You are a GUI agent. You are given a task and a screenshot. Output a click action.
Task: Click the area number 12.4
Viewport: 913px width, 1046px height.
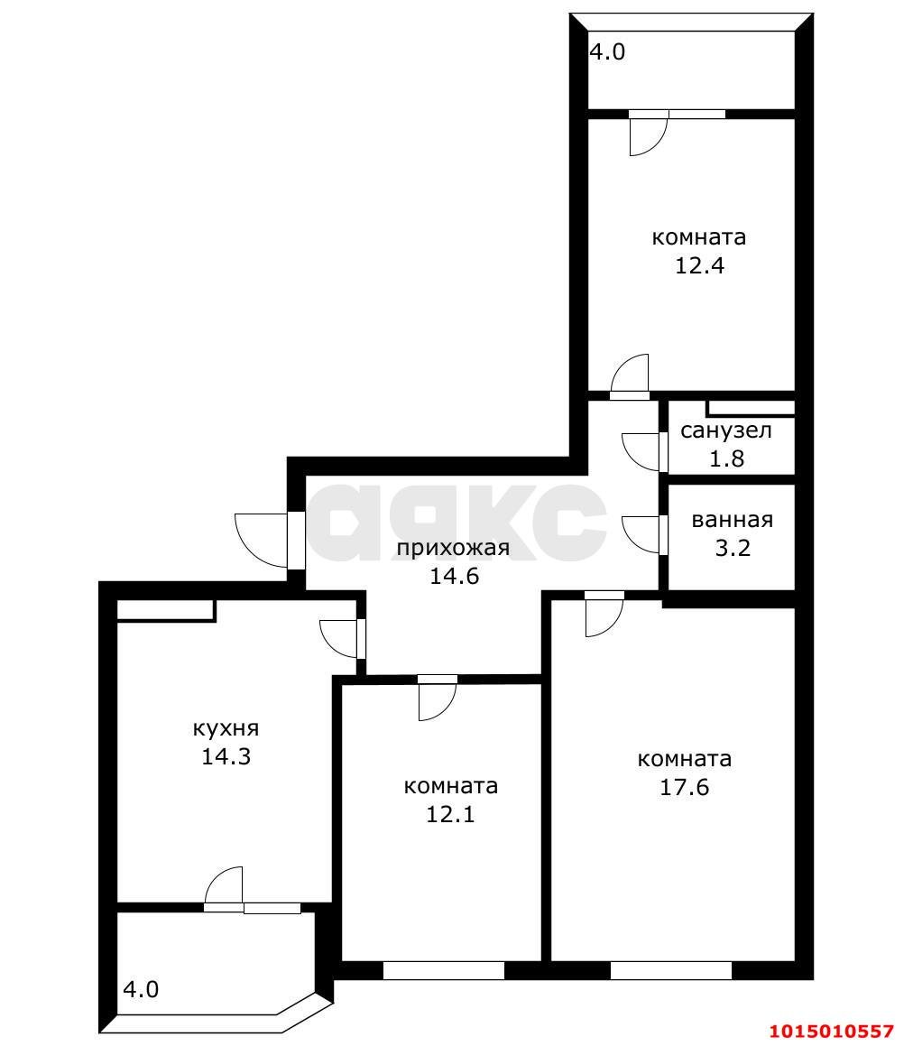pos(699,265)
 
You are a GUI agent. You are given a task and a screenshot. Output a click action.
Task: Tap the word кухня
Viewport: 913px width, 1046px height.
pos(226,728)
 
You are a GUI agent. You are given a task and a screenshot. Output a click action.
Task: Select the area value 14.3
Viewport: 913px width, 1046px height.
pos(226,756)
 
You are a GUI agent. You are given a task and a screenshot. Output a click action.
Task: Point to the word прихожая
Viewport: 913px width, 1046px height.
pos(454,549)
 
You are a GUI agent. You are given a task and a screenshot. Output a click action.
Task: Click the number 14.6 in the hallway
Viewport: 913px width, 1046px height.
pos(454,576)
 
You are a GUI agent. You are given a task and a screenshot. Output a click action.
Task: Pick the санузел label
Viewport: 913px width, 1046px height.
pos(726,430)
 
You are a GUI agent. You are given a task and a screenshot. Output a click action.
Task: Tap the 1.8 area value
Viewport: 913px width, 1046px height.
pos(726,459)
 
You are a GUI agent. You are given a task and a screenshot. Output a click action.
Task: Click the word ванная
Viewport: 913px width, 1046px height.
pos(733,521)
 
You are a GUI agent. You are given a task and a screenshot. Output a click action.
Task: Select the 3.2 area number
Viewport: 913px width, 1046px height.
pos(733,549)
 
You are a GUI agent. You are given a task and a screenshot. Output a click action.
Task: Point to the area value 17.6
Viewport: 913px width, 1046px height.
pos(685,787)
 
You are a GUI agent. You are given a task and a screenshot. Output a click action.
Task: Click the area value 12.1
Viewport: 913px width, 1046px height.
pos(451,815)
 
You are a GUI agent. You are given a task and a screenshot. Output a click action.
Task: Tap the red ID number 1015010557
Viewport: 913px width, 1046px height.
pos(832,1032)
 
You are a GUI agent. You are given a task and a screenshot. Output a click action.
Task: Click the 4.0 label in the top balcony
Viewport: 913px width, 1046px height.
pos(607,52)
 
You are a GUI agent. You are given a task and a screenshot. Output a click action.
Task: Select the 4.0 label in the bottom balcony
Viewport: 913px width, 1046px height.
pos(141,988)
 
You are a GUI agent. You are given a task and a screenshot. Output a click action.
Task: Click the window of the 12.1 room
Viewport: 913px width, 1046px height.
pos(444,970)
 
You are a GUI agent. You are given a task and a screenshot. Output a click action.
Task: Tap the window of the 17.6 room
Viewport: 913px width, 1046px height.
pos(671,970)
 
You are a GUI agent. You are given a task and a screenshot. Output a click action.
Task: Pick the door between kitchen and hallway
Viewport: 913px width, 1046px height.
pos(339,639)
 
